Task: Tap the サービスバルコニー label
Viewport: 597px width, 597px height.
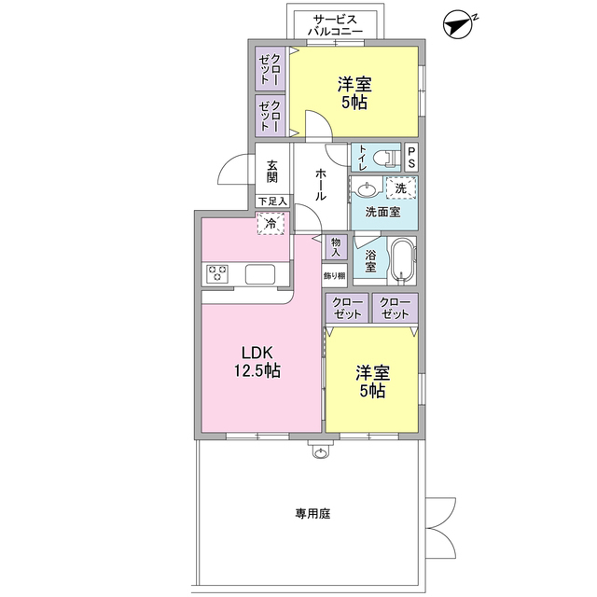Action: (x=332, y=24)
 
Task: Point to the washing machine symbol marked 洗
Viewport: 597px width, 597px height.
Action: (x=401, y=189)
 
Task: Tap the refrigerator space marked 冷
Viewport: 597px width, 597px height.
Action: (x=271, y=224)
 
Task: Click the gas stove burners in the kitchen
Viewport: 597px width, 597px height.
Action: (x=218, y=273)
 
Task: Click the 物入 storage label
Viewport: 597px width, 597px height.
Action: (x=335, y=246)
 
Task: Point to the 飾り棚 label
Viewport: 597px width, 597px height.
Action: (x=335, y=275)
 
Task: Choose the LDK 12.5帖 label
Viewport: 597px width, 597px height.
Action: (x=257, y=362)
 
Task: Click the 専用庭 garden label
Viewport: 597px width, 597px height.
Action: (x=313, y=513)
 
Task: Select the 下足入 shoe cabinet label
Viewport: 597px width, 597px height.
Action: (x=272, y=201)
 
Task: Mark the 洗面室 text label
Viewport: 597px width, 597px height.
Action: (x=382, y=212)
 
